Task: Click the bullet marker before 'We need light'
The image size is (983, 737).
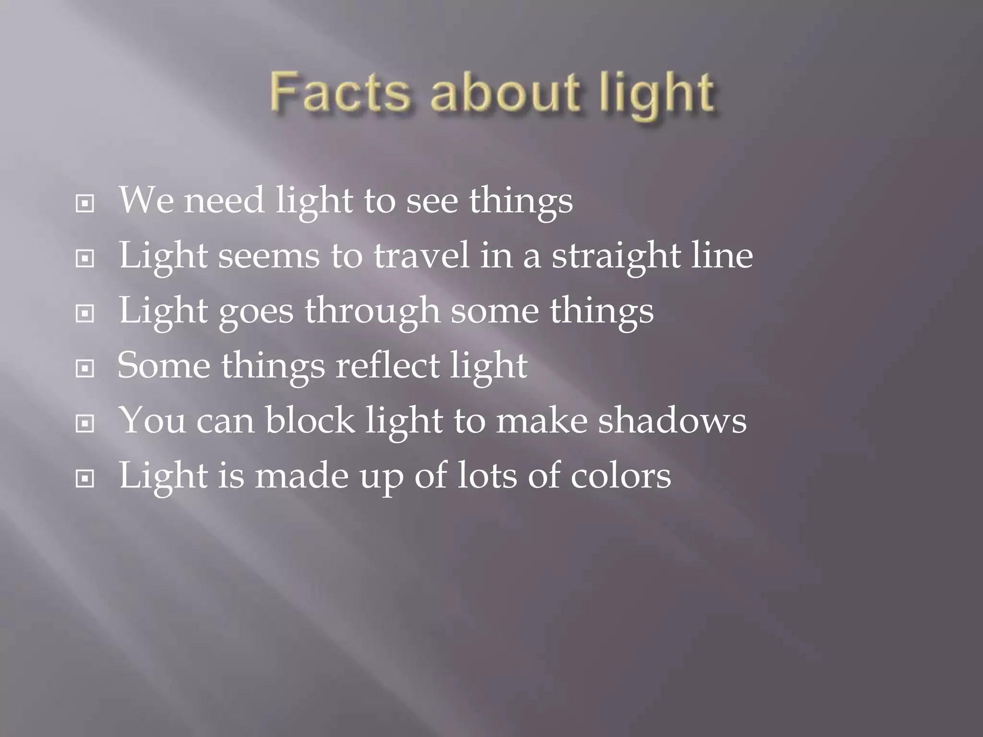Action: (x=85, y=204)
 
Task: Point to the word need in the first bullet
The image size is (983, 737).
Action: (x=224, y=201)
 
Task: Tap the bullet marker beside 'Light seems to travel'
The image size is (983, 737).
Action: (x=85, y=259)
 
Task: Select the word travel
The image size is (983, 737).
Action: (x=421, y=255)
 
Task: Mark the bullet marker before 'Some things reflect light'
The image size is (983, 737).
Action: (x=85, y=369)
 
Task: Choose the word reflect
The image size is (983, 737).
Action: (x=387, y=366)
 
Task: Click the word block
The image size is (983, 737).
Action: (x=310, y=420)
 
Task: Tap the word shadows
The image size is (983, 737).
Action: (x=672, y=420)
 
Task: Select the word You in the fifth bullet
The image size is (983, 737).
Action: (x=152, y=420)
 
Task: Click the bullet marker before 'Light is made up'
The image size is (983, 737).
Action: (x=85, y=478)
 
